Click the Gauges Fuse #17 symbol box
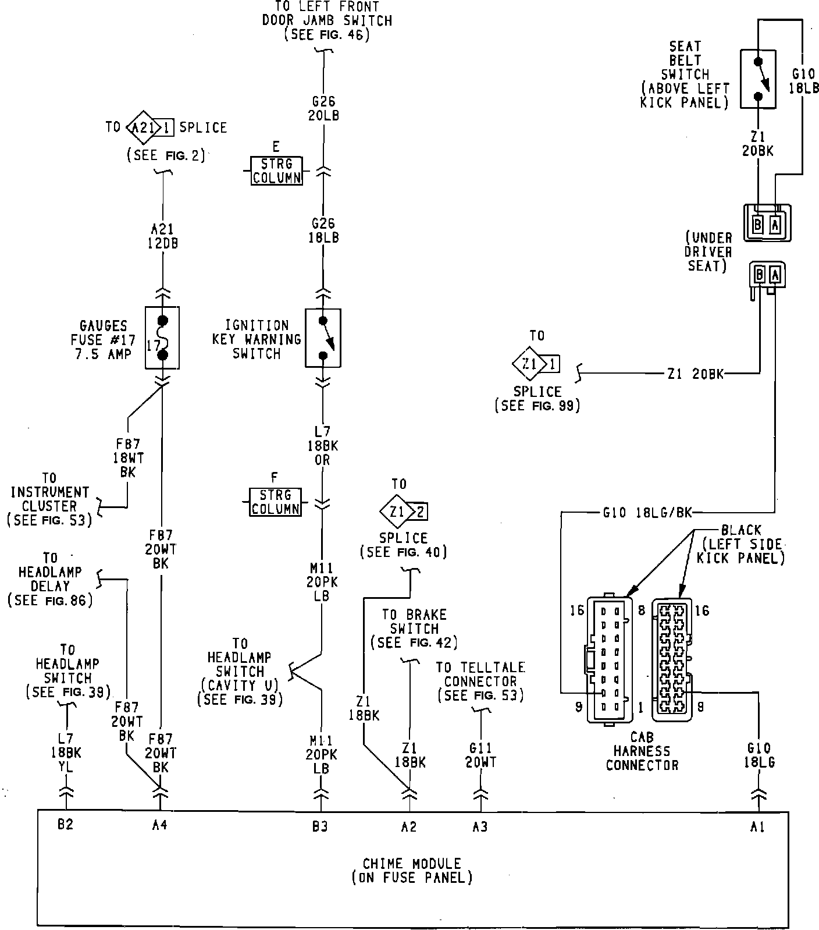click(162, 338)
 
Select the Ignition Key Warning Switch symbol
click(323, 338)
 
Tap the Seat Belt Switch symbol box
click(758, 79)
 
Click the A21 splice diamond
click(141, 127)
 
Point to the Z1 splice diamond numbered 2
click(397, 512)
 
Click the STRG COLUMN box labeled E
click(276, 171)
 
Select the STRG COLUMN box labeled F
click(276, 502)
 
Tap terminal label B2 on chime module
click(66, 825)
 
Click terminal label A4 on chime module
click(159, 825)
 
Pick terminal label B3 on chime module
click(320, 826)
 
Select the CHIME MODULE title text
click(412, 864)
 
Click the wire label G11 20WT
click(480, 755)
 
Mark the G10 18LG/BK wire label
click(647, 513)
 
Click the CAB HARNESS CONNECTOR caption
click(642, 751)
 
